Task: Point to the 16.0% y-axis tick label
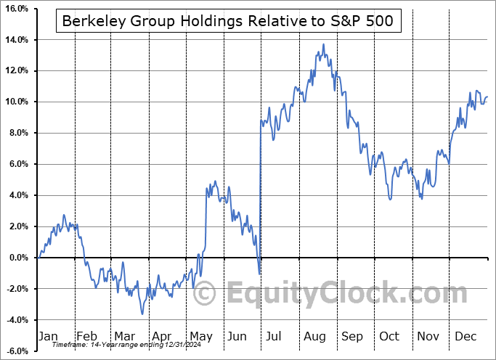(x=15, y=9)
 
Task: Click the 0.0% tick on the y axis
(x=17, y=258)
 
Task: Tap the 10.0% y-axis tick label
(x=15, y=102)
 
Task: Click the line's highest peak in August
(x=324, y=45)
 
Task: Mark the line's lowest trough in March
(x=142, y=313)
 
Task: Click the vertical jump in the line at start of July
(x=260, y=196)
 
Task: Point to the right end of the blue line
(x=487, y=97)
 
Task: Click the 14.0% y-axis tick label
(x=15, y=40)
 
